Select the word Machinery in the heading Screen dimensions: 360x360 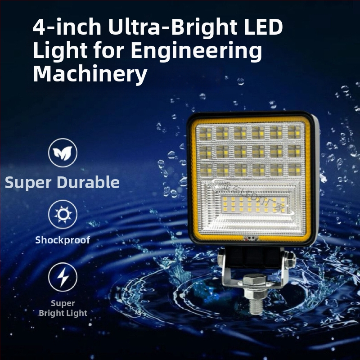pos(90,74)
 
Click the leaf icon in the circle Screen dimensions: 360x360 pos(63,153)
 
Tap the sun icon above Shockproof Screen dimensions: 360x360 pos(63,215)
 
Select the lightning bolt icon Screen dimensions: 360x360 pos(63,277)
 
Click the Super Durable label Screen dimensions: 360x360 pos(62,183)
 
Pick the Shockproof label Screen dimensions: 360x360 pos(63,240)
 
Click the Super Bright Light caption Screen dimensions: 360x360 pos(63,308)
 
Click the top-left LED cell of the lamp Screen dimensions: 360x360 pos(205,133)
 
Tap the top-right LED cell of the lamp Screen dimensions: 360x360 pos(294,132)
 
